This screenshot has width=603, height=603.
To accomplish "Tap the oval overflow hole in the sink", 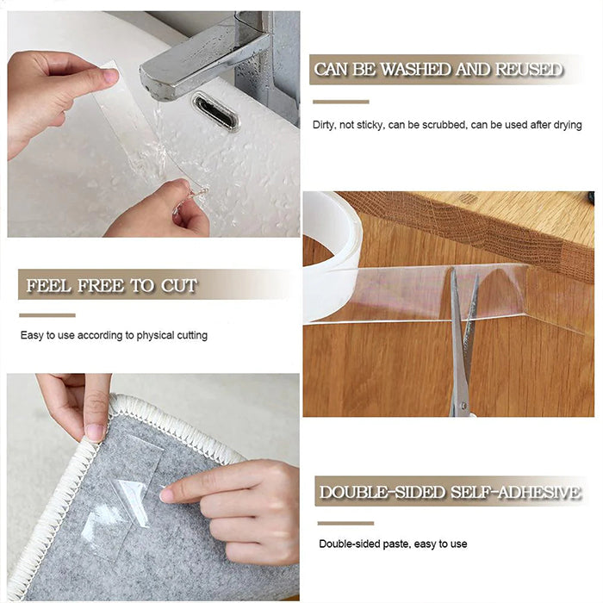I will click(x=214, y=111).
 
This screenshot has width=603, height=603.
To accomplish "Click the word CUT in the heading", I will click(x=178, y=285).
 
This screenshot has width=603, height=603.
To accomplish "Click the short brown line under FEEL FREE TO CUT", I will click(x=47, y=315).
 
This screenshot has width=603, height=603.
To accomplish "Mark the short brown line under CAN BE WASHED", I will click(x=340, y=102).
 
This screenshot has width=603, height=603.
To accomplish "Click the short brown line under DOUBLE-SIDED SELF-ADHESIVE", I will click(x=345, y=523).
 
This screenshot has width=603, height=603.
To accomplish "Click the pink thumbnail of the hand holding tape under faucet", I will click(x=109, y=77).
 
